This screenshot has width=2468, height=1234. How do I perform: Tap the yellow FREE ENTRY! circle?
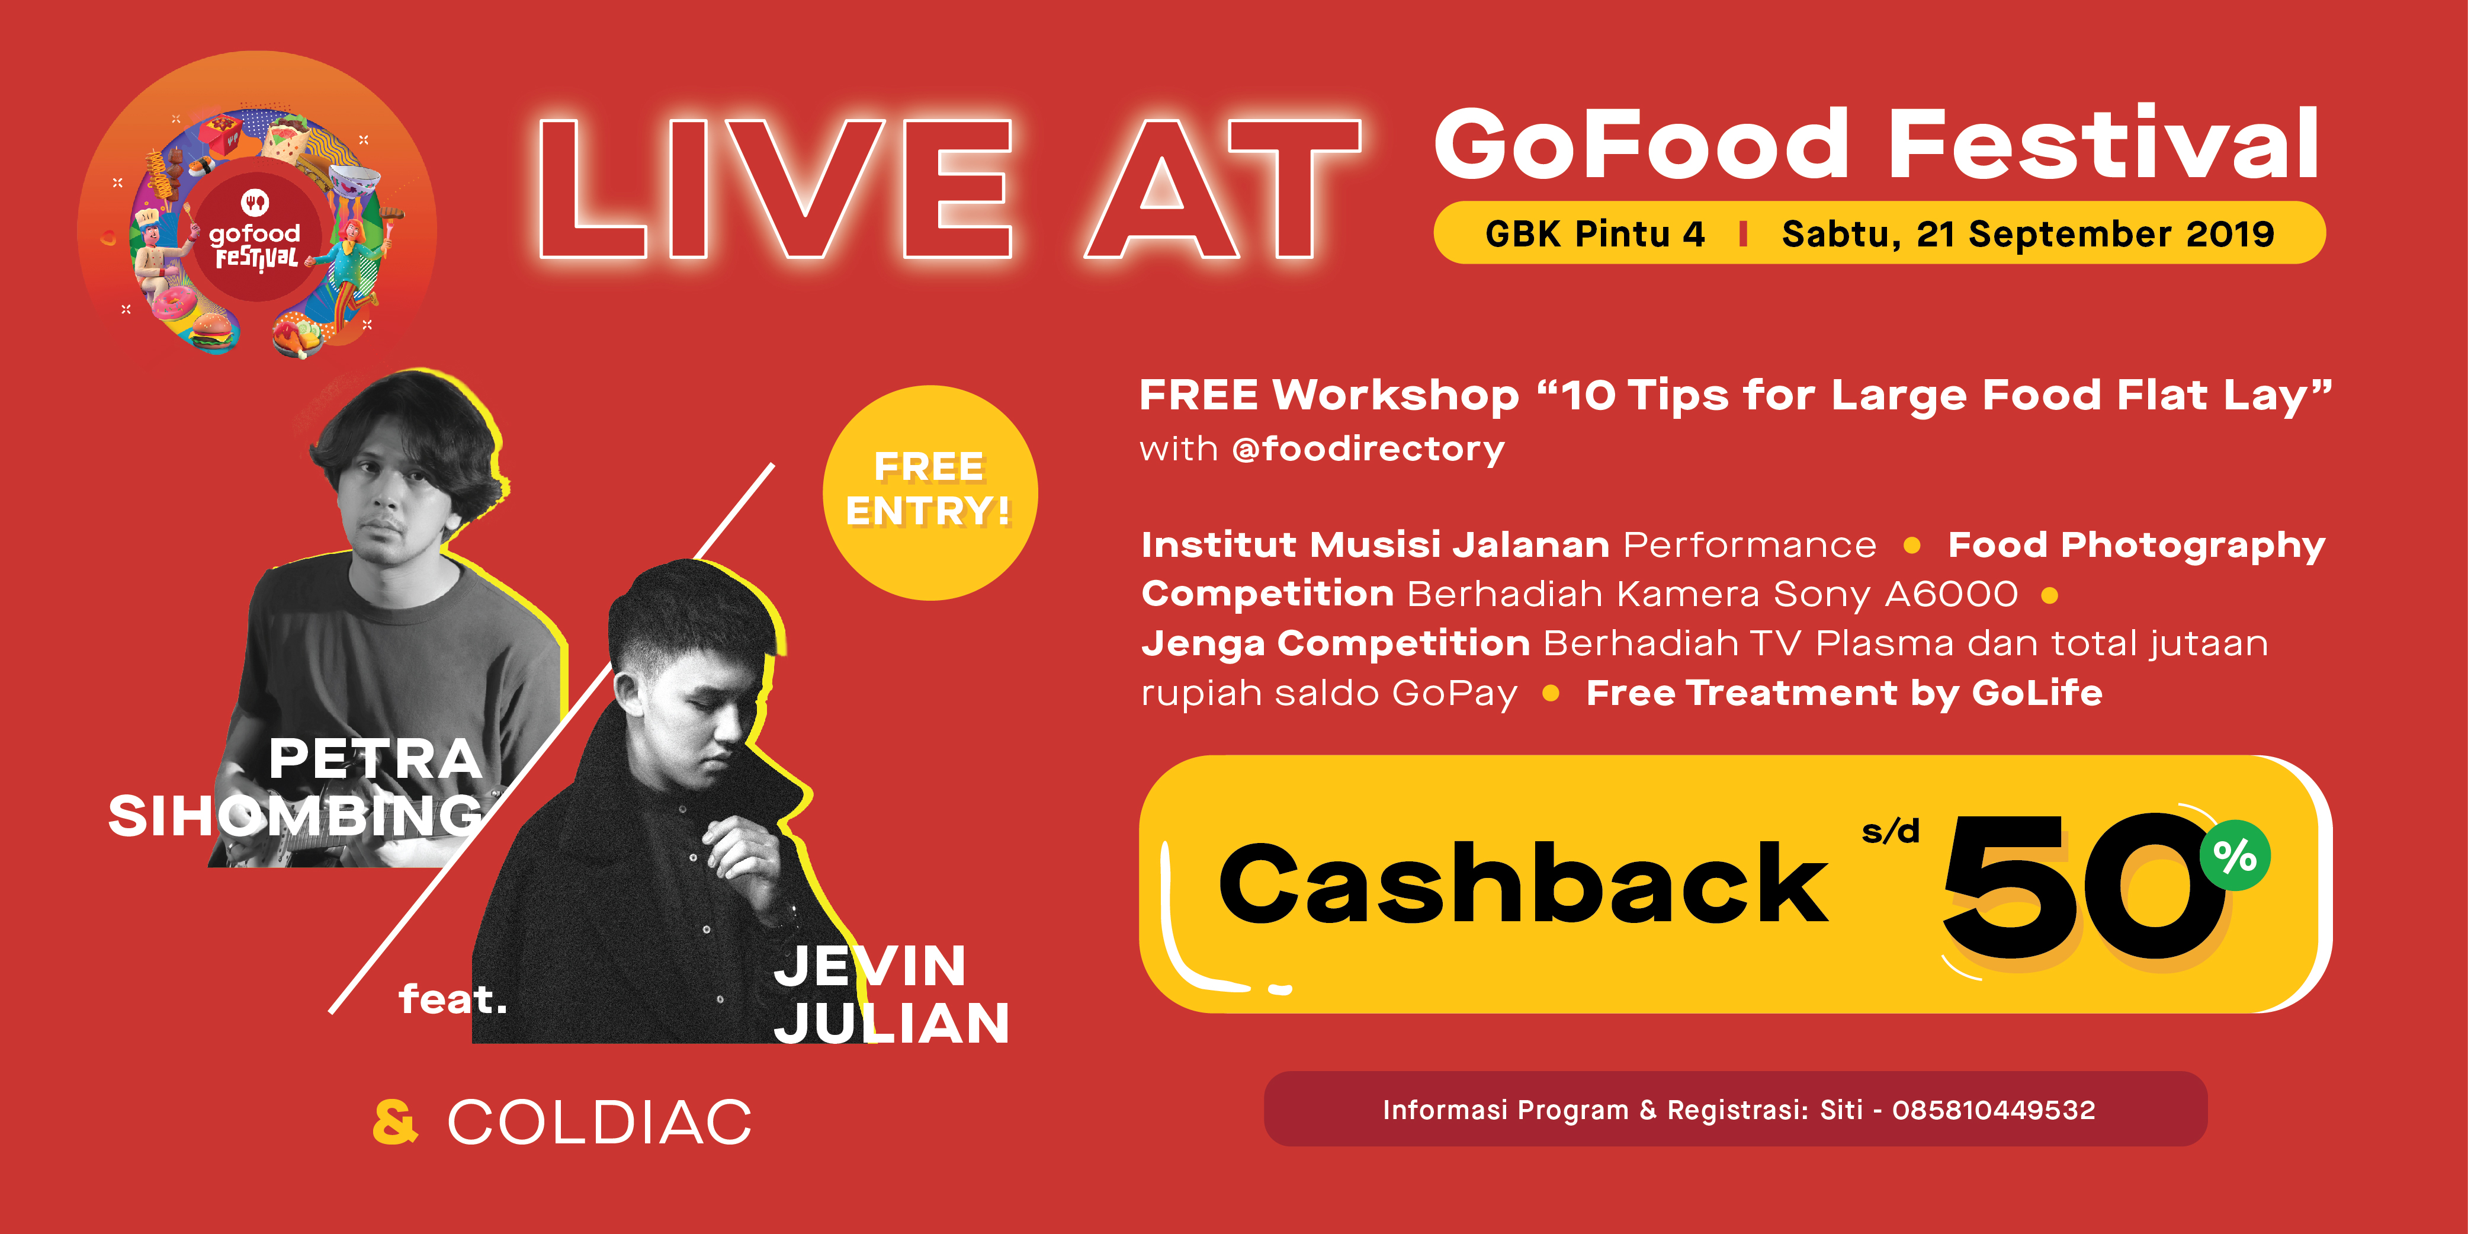929,492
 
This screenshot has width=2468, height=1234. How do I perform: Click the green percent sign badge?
2235,855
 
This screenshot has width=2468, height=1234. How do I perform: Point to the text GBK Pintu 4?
1595,234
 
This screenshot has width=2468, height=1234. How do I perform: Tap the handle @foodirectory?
1368,449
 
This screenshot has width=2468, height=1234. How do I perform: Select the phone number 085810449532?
1994,1110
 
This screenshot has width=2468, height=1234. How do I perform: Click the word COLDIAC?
600,1122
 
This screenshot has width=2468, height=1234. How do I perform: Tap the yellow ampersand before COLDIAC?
394,1122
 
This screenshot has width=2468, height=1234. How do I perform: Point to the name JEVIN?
870,965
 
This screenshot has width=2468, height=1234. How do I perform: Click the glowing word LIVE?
776,189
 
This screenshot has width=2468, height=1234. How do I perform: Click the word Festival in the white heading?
2104,144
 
